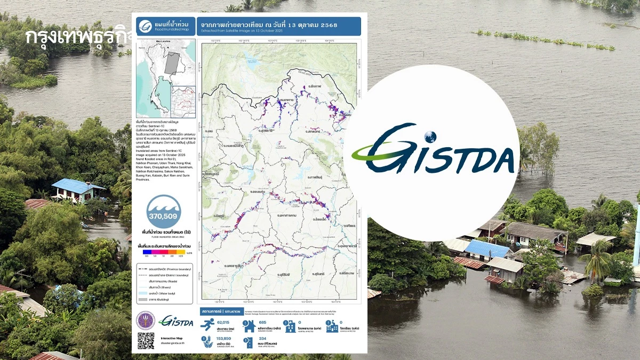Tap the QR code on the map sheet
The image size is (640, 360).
pyautogui.click(x=146, y=341)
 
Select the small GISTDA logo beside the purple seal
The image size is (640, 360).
pyautogui.click(x=177, y=322)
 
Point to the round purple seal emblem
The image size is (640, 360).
pyautogui.click(x=146, y=320)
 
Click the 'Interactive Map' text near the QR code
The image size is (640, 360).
pyautogui.click(x=173, y=338)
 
